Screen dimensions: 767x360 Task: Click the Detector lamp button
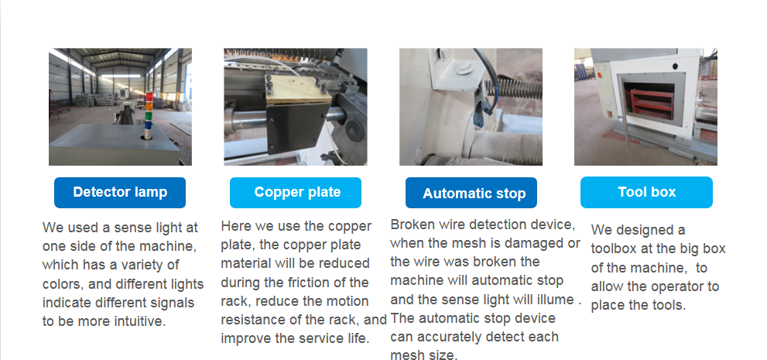click(120, 192)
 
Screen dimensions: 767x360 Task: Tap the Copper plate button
click(296, 192)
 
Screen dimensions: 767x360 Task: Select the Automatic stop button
click(471, 193)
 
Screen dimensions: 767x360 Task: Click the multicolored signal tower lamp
click(149, 115)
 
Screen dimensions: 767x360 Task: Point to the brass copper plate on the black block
click(298, 90)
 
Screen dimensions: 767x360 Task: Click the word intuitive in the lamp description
click(140, 321)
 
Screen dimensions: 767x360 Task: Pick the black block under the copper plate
click(296, 128)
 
